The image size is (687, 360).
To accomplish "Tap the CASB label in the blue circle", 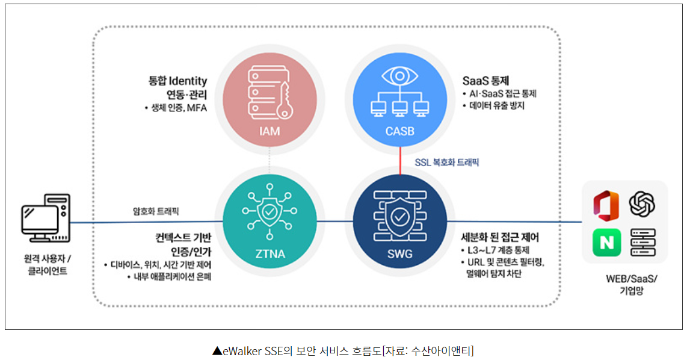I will (399, 131).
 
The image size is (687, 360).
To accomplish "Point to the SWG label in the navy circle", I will (399, 254).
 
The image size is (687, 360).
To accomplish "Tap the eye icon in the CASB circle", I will (399, 76).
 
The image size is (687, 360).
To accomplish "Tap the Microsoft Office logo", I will (606, 205).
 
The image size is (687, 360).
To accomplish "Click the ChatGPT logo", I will (642, 204).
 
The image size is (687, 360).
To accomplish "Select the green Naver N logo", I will (606, 243).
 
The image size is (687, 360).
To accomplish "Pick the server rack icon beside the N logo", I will (642, 243).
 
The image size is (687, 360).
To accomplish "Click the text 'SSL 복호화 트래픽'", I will (447, 162).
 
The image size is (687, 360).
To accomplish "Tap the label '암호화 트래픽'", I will (156, 211).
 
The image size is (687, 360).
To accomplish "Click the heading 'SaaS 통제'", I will (486, 80).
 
